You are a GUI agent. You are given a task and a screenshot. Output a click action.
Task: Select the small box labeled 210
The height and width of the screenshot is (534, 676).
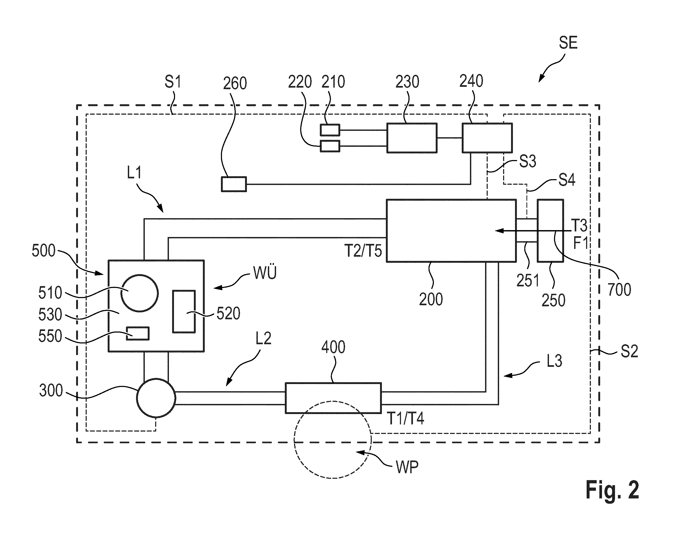point(330,130)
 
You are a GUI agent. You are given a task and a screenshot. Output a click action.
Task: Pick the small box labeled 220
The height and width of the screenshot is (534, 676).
point(330,146)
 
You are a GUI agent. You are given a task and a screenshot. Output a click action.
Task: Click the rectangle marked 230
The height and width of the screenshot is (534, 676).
point(412,138)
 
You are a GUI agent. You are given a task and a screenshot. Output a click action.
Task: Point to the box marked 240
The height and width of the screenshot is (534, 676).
point(487,138)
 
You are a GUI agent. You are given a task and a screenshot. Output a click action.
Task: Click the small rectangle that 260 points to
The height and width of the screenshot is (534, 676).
point(234,184)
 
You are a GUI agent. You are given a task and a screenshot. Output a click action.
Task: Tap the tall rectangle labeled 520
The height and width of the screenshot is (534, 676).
point(184,311)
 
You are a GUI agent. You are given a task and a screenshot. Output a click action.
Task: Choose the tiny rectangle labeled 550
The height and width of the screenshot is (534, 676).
point(138,333)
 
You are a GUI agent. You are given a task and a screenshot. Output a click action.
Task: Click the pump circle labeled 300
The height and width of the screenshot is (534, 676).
point(156,398)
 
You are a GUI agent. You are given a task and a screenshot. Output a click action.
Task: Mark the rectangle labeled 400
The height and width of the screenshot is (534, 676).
point(333,398)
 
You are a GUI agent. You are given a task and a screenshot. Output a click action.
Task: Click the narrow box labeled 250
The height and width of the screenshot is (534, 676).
point(550,231)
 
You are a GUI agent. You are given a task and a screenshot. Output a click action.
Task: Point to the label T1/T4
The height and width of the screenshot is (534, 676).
point(406,418)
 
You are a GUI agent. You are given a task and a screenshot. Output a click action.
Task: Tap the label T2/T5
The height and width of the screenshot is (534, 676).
point(363,251)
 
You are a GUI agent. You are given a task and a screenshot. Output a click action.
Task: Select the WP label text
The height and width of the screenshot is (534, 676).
point(407,467)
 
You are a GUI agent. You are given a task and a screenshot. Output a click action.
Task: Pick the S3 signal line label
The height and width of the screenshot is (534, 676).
point(527,162)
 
